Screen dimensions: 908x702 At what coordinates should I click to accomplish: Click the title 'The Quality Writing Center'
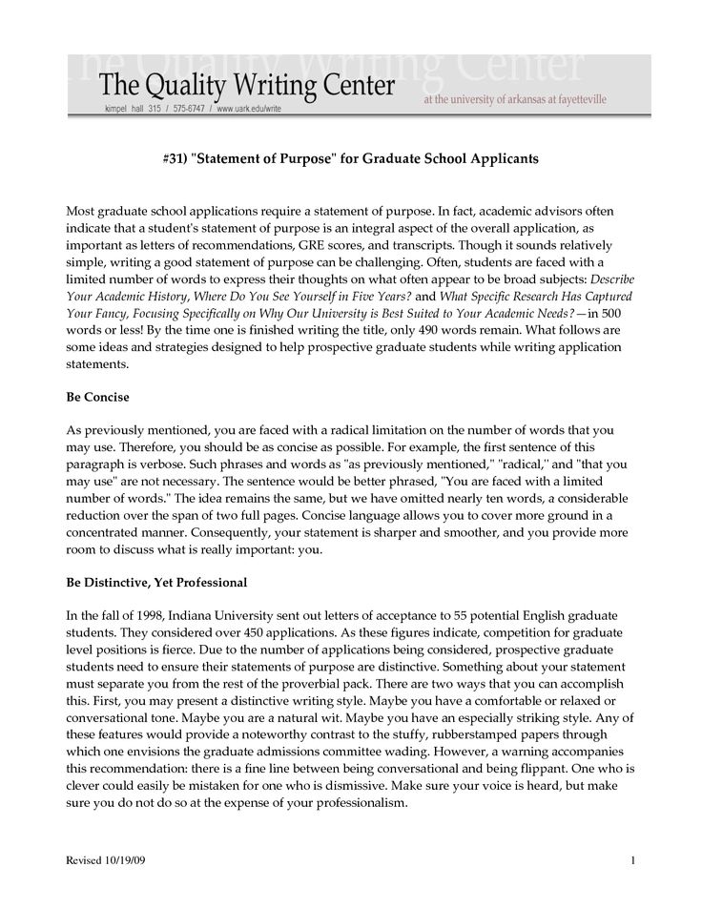pyautogui.click(x=247, y=88)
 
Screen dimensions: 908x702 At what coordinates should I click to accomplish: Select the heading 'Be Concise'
pyautogui.click(x=97, y=395)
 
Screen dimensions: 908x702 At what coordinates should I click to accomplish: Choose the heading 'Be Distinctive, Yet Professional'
pyautogui.click(x=155, y=582)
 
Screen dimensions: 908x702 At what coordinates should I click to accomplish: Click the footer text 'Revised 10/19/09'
pyautogui.click(x=106, y=863)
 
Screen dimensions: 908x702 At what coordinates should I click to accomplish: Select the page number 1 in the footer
pyautogui.click(x=633, y=863)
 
